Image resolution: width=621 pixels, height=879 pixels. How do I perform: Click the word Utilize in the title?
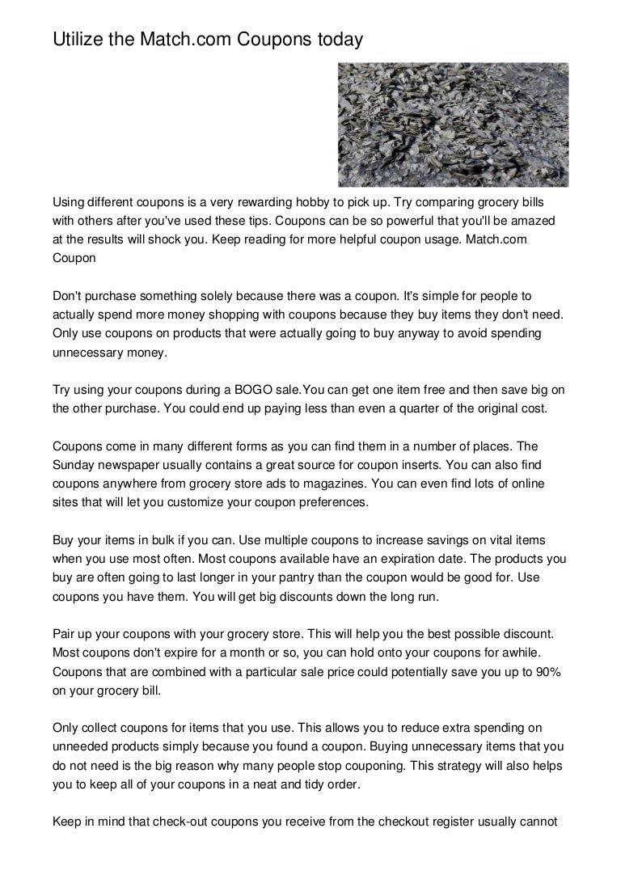tap(78, 37)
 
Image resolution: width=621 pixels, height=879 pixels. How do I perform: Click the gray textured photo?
tap(452, 125)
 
